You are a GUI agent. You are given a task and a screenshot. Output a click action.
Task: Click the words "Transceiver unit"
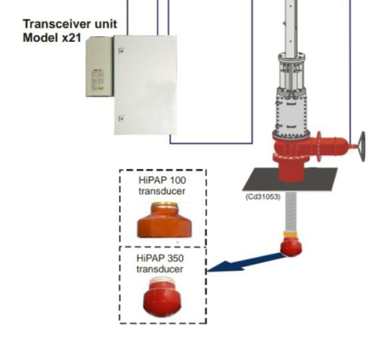click(x=70, y=24)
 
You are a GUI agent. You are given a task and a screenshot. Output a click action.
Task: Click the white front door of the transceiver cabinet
click(x=145, y=85)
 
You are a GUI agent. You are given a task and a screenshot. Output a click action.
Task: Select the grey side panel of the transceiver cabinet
click(x=99, y=67)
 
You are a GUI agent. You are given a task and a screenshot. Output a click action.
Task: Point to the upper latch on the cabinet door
click(x=121, y=51)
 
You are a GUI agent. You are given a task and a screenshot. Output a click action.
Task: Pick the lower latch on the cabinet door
click(x=121, y=119)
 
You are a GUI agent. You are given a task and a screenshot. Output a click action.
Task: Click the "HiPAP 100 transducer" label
click(x=162, y=185)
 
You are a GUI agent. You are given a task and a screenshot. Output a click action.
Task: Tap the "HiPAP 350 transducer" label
click(x=160, y=263)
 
